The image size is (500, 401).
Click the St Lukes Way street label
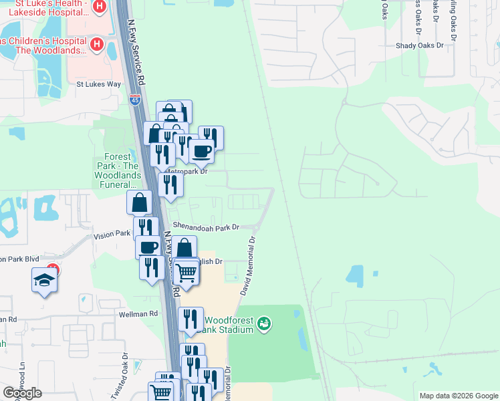98,84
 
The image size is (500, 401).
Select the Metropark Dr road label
187,171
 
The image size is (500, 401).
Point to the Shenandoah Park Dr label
205,227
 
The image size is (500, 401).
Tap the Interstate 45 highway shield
135,100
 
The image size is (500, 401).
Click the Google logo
22,393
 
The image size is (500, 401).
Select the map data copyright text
458,396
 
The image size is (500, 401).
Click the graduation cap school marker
44,280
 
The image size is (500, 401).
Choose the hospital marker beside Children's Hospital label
96,45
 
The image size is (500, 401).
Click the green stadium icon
264,324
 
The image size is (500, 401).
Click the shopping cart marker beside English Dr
186,272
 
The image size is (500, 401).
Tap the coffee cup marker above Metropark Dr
201,150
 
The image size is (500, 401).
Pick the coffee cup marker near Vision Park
148,247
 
